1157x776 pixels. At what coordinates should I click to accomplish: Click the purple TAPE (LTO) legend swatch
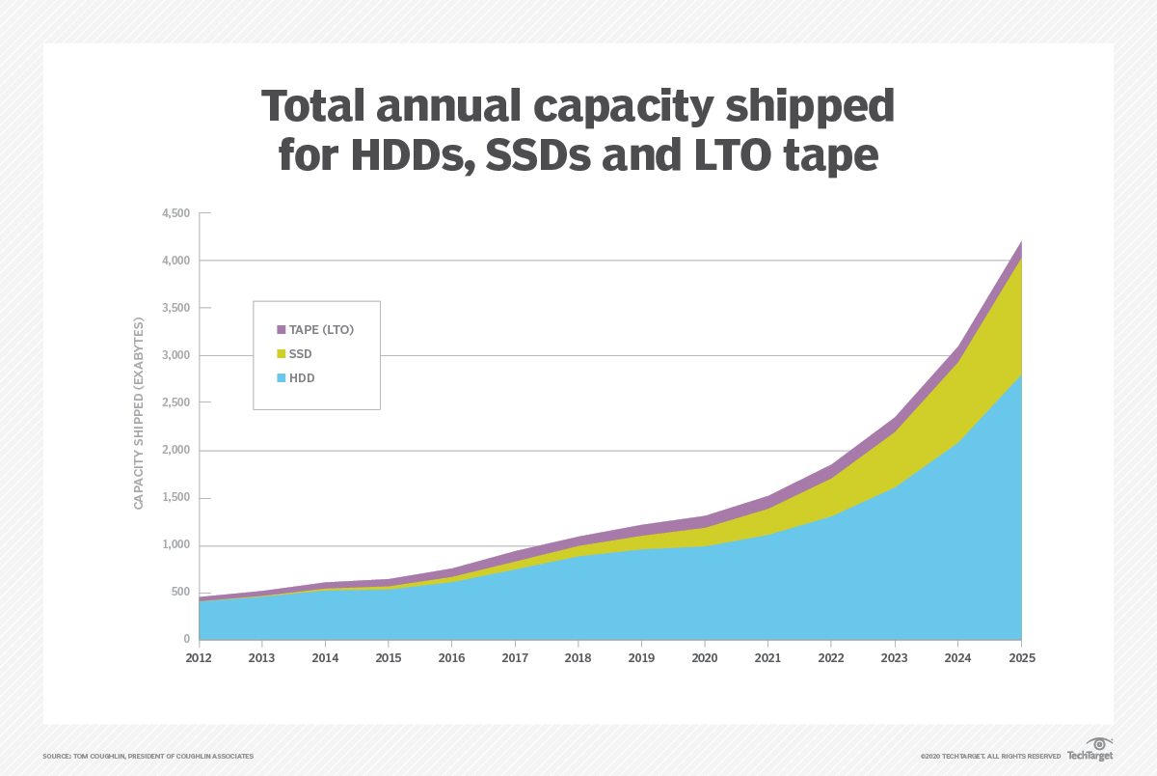coord(282,330)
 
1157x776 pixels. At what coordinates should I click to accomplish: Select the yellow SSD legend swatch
coord(282,354)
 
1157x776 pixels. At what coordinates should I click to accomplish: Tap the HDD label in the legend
coord(302,378)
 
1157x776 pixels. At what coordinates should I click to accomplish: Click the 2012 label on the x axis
coord(200,657)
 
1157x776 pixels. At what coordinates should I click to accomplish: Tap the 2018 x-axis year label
coord(578,657)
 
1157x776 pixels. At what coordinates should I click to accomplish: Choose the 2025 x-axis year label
coord(1021,657)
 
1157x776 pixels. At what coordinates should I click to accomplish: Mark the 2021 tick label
coord(768,657)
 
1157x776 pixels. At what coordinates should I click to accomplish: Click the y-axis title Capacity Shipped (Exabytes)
coord(138,412)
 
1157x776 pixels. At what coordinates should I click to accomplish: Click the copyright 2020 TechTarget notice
coord(990,756)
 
